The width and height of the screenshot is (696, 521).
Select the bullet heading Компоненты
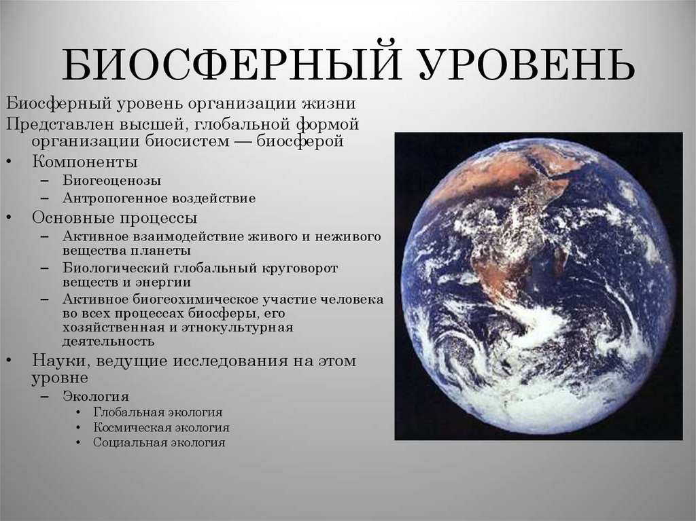coord(85,162)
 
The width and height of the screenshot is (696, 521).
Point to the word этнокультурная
coord(241,327)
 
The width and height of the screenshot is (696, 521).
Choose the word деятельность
coord(108,342)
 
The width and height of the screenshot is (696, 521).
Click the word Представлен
coord(49,124)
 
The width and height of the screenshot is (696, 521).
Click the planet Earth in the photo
coord(538,285)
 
